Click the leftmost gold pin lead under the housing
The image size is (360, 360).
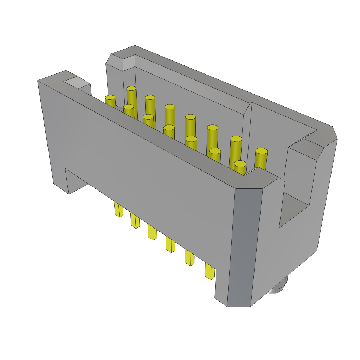118,210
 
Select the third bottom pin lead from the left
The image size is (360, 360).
152,232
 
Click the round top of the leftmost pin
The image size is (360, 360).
110,97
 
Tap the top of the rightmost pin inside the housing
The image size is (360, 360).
261,151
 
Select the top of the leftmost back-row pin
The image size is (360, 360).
131,89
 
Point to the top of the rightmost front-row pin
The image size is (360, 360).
240,164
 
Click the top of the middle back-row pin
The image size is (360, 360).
191,117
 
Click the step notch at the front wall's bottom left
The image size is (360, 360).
76,181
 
